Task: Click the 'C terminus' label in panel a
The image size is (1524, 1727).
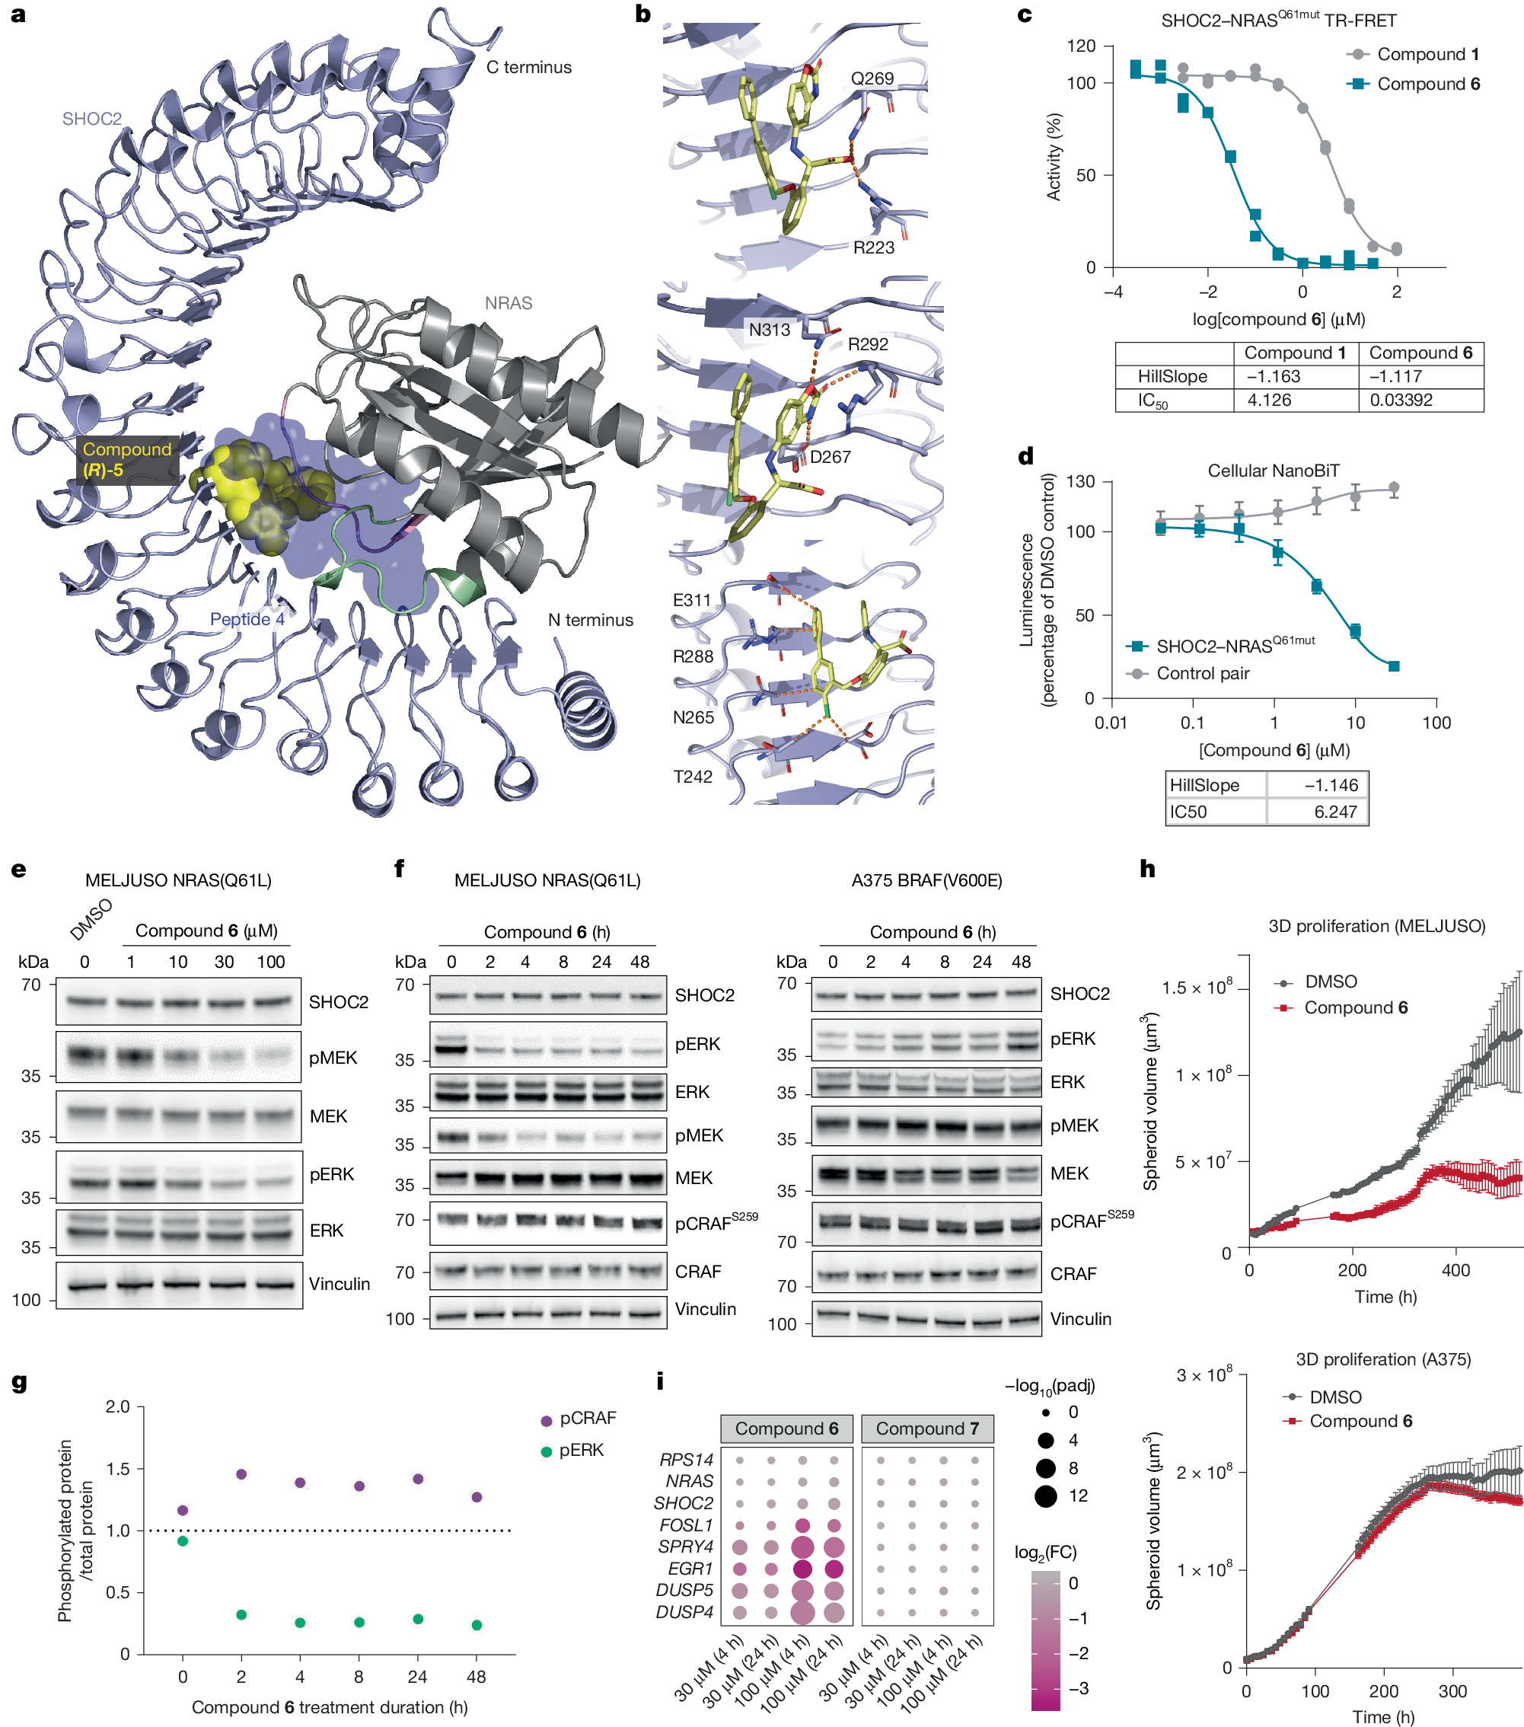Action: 529,68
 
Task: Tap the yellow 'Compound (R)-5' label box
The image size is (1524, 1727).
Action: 126,460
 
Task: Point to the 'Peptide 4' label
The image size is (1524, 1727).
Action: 247,619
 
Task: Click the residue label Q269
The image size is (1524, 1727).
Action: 872,78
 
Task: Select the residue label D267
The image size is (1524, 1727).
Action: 831,457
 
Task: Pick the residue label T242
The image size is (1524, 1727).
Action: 693,777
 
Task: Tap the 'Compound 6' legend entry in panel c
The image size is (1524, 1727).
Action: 1427,84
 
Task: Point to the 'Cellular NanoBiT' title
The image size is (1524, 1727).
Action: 1273,471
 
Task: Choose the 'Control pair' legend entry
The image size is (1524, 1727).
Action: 1202,673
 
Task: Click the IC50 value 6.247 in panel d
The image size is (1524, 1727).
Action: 1334,811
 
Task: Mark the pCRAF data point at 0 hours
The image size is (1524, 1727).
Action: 183,1510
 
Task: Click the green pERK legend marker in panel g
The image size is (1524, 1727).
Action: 547,1451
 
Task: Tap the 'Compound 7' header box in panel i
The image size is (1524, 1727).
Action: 926,1429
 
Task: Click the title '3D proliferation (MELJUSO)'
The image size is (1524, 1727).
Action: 1376,926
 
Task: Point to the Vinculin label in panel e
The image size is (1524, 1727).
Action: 339,1283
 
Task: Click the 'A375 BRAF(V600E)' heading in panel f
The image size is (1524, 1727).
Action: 926,880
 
